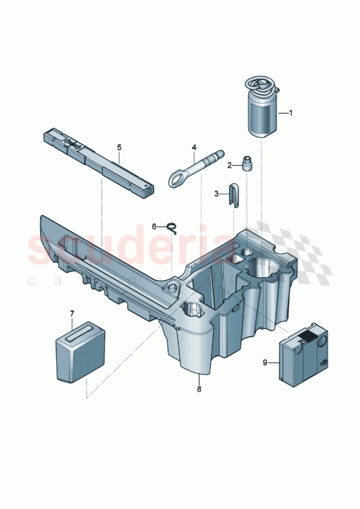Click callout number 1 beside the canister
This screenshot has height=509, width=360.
(291, 113)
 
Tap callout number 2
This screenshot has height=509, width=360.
(230, 165)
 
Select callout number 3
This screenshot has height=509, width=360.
(216, 193)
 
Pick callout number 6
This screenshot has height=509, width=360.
(153, 226)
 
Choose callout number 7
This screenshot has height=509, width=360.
(72, 313)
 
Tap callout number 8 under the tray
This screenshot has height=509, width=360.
(199, 389)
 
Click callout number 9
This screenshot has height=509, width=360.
(266, 363)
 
